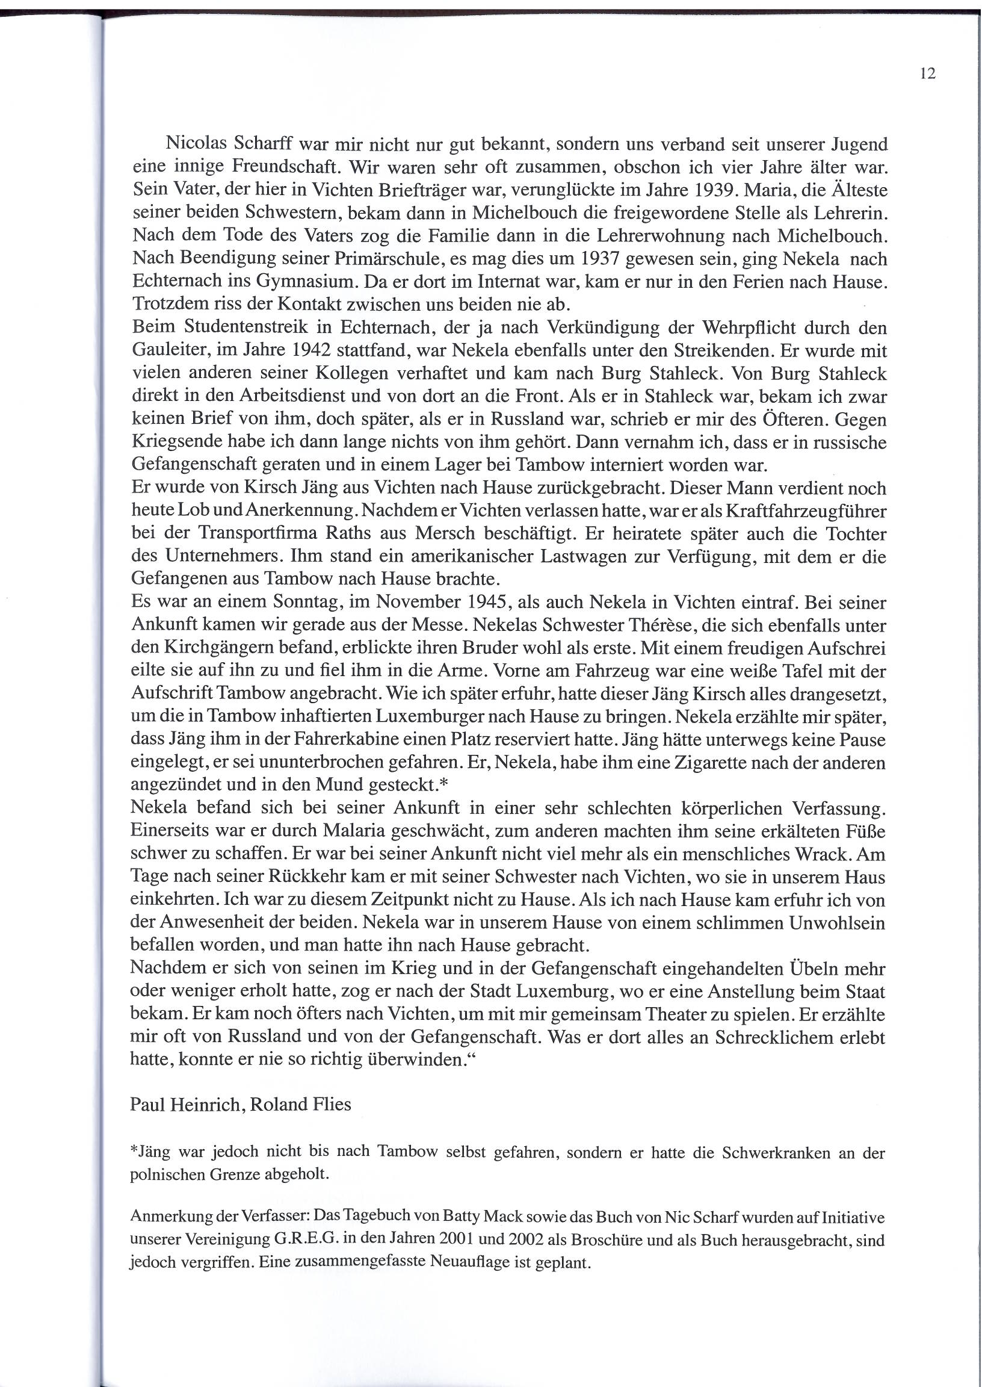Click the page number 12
click(x=928, y=74)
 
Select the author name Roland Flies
click(x=300, y=1104)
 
